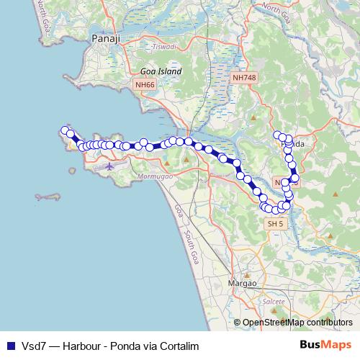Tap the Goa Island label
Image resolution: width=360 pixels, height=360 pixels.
pyautogui.click(x=161, y=72)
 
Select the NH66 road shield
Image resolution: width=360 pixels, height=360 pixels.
pyautogui.click(x=144, y=85)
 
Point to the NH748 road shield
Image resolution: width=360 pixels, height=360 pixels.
pyautogui.click(x=243, y=77)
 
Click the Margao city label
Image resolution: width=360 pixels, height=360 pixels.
pyautogui.click(x=243, y=283)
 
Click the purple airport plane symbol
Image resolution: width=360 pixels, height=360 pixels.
pyautogui.click(x=109, y=166)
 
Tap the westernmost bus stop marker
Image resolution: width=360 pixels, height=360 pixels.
pyautogui.click(x=65, y=130)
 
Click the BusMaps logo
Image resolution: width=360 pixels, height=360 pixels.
pyautogui.click(x=325, y=345)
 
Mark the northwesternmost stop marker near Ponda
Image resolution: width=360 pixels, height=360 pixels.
pyautogui.click(x=277, y=135)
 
